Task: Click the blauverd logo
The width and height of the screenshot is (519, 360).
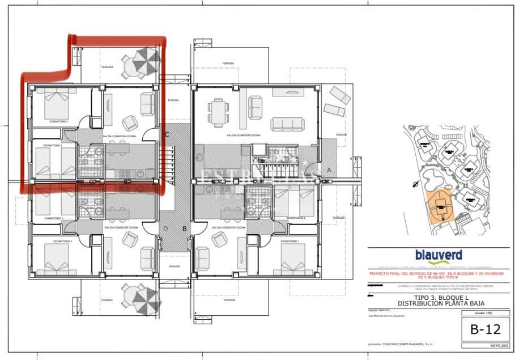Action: click(438, 256)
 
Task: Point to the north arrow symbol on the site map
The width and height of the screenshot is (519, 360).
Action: click(416, 184)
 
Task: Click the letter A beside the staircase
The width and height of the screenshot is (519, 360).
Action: click(329, 170)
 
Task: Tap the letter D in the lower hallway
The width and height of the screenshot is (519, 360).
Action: click(166, 228)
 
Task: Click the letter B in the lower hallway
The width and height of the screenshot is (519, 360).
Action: click(184, 228)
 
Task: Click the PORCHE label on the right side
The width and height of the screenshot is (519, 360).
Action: click(341, 135)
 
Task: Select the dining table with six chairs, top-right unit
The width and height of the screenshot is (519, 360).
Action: click(218, 111)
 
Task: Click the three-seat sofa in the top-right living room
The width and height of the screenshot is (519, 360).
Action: click(287, 124)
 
